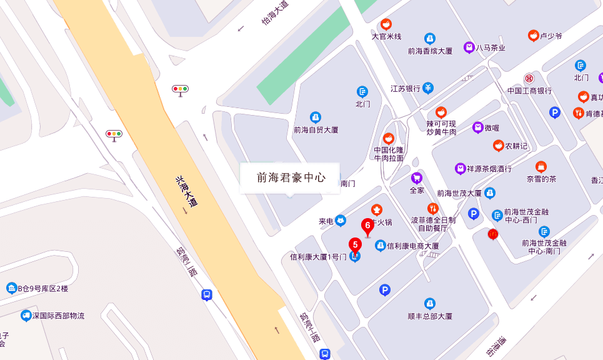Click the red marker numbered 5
point(355,245)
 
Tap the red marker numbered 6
point(368,225)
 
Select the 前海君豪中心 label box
point(290,177)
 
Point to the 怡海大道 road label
point(275,13)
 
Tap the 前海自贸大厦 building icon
point(316,117)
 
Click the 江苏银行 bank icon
point(428,88)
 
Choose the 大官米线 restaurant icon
point(386,24)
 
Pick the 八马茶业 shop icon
point(469,47)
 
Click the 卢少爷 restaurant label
point(551,36)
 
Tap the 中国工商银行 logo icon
point(529,78)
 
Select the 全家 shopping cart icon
point(416,178)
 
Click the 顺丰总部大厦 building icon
point(429,304)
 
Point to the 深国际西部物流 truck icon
point(26,316)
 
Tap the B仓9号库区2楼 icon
point(12,288)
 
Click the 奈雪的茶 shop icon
point(541,167)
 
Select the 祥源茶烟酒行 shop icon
point(461,169)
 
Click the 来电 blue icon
point(341,220)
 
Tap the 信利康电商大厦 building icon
point(380,246)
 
